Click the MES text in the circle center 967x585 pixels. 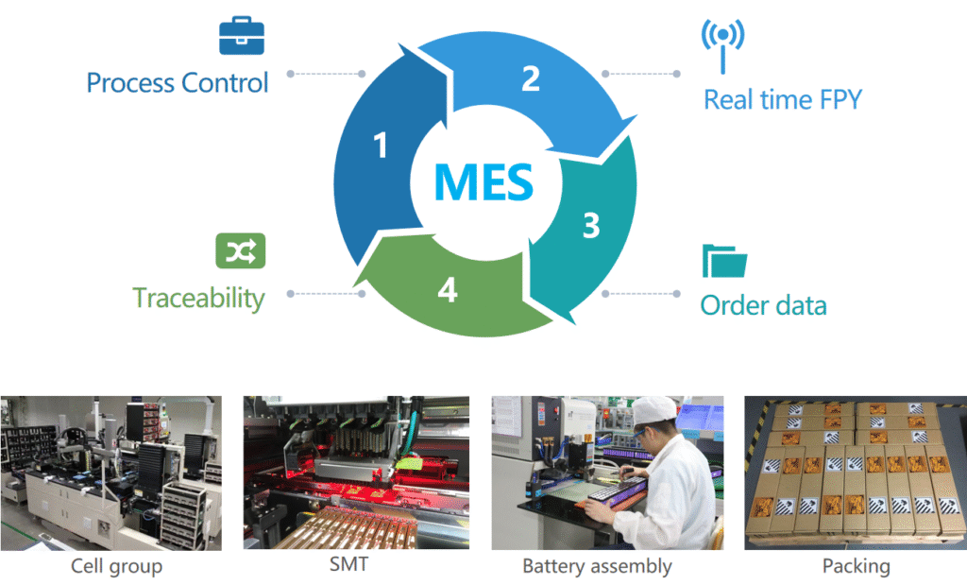click(x=483, y=181)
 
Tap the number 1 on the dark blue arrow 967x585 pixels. click(x=381, y=146)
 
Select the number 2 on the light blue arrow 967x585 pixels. click(x=531, y=78)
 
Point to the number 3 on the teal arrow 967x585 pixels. click(x=590, y=227)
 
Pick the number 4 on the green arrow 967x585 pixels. click(x=447, y=291)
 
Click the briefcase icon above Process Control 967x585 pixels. click(x=242, y=37)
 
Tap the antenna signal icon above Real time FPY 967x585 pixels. click(x=722, y=43)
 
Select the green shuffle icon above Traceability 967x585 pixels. click(x=241, y=250)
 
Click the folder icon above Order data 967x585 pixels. click(x=724, y=261)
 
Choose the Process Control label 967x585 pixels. click(x=178, y=82)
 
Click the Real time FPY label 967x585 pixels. click(x=783, y=99)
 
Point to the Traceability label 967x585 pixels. click(x=198, y=298)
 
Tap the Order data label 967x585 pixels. click(x=763, y=305)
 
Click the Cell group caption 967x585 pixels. click(x=116, y=566)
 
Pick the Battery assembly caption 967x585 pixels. click(x=597, y=566)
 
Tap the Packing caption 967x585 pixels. click(x=856, y=566)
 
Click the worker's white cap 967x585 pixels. click(x=654, y=409)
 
